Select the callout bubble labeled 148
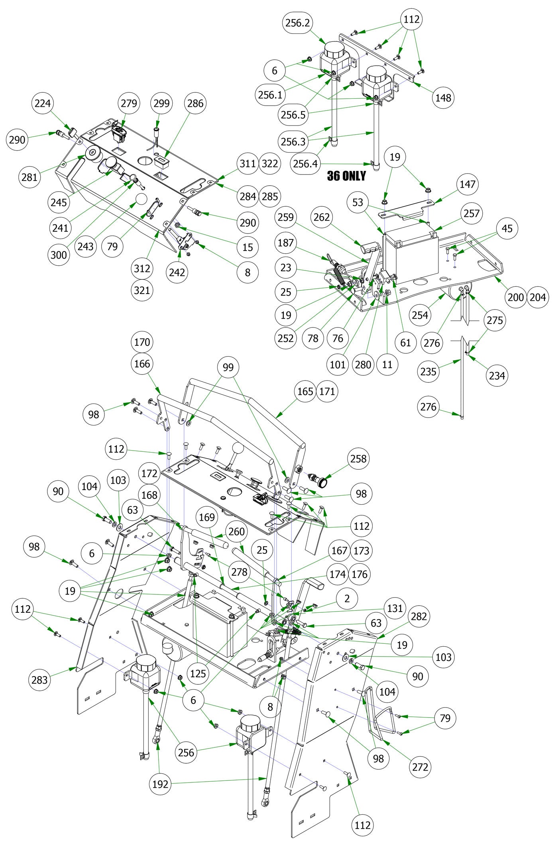coord(443,97)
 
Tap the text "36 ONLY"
coord(346,176)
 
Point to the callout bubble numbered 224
coord(43,103)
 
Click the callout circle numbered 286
coord(195,103)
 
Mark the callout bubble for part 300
coord(59,255)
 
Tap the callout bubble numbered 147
coord(468,184)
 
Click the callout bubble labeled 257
coord(472,213)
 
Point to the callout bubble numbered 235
coord(428,371)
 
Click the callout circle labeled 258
coord(358,459)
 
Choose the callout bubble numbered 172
coord(149,474)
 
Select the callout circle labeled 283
coord(39,680)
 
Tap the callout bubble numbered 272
coord(420,767)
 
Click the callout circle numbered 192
coord(161,784)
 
